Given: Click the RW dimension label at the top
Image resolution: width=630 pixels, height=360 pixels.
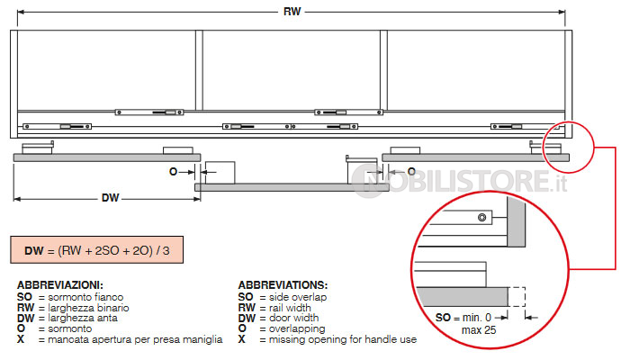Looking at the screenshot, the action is pos(292,11).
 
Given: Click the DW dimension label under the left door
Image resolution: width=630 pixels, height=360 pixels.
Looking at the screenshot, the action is pos(110,198).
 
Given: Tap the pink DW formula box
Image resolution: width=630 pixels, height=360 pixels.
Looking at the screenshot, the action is pos(97,250).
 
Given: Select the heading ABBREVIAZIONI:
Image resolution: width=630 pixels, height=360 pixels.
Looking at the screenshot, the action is pos(60,285).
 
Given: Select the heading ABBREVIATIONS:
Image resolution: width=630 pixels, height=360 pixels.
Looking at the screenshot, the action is pos(283,285).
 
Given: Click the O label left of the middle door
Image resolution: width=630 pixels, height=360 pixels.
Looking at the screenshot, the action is pos(173,172).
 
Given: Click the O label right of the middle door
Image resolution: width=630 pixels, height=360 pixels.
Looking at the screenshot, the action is pos(411,172).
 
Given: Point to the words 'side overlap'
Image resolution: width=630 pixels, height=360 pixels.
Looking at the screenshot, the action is pos(298,297).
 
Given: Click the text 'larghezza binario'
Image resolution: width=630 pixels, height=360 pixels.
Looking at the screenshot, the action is pos(88,308).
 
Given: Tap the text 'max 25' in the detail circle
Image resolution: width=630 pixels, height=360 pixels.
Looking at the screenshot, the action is pos(479,330).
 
